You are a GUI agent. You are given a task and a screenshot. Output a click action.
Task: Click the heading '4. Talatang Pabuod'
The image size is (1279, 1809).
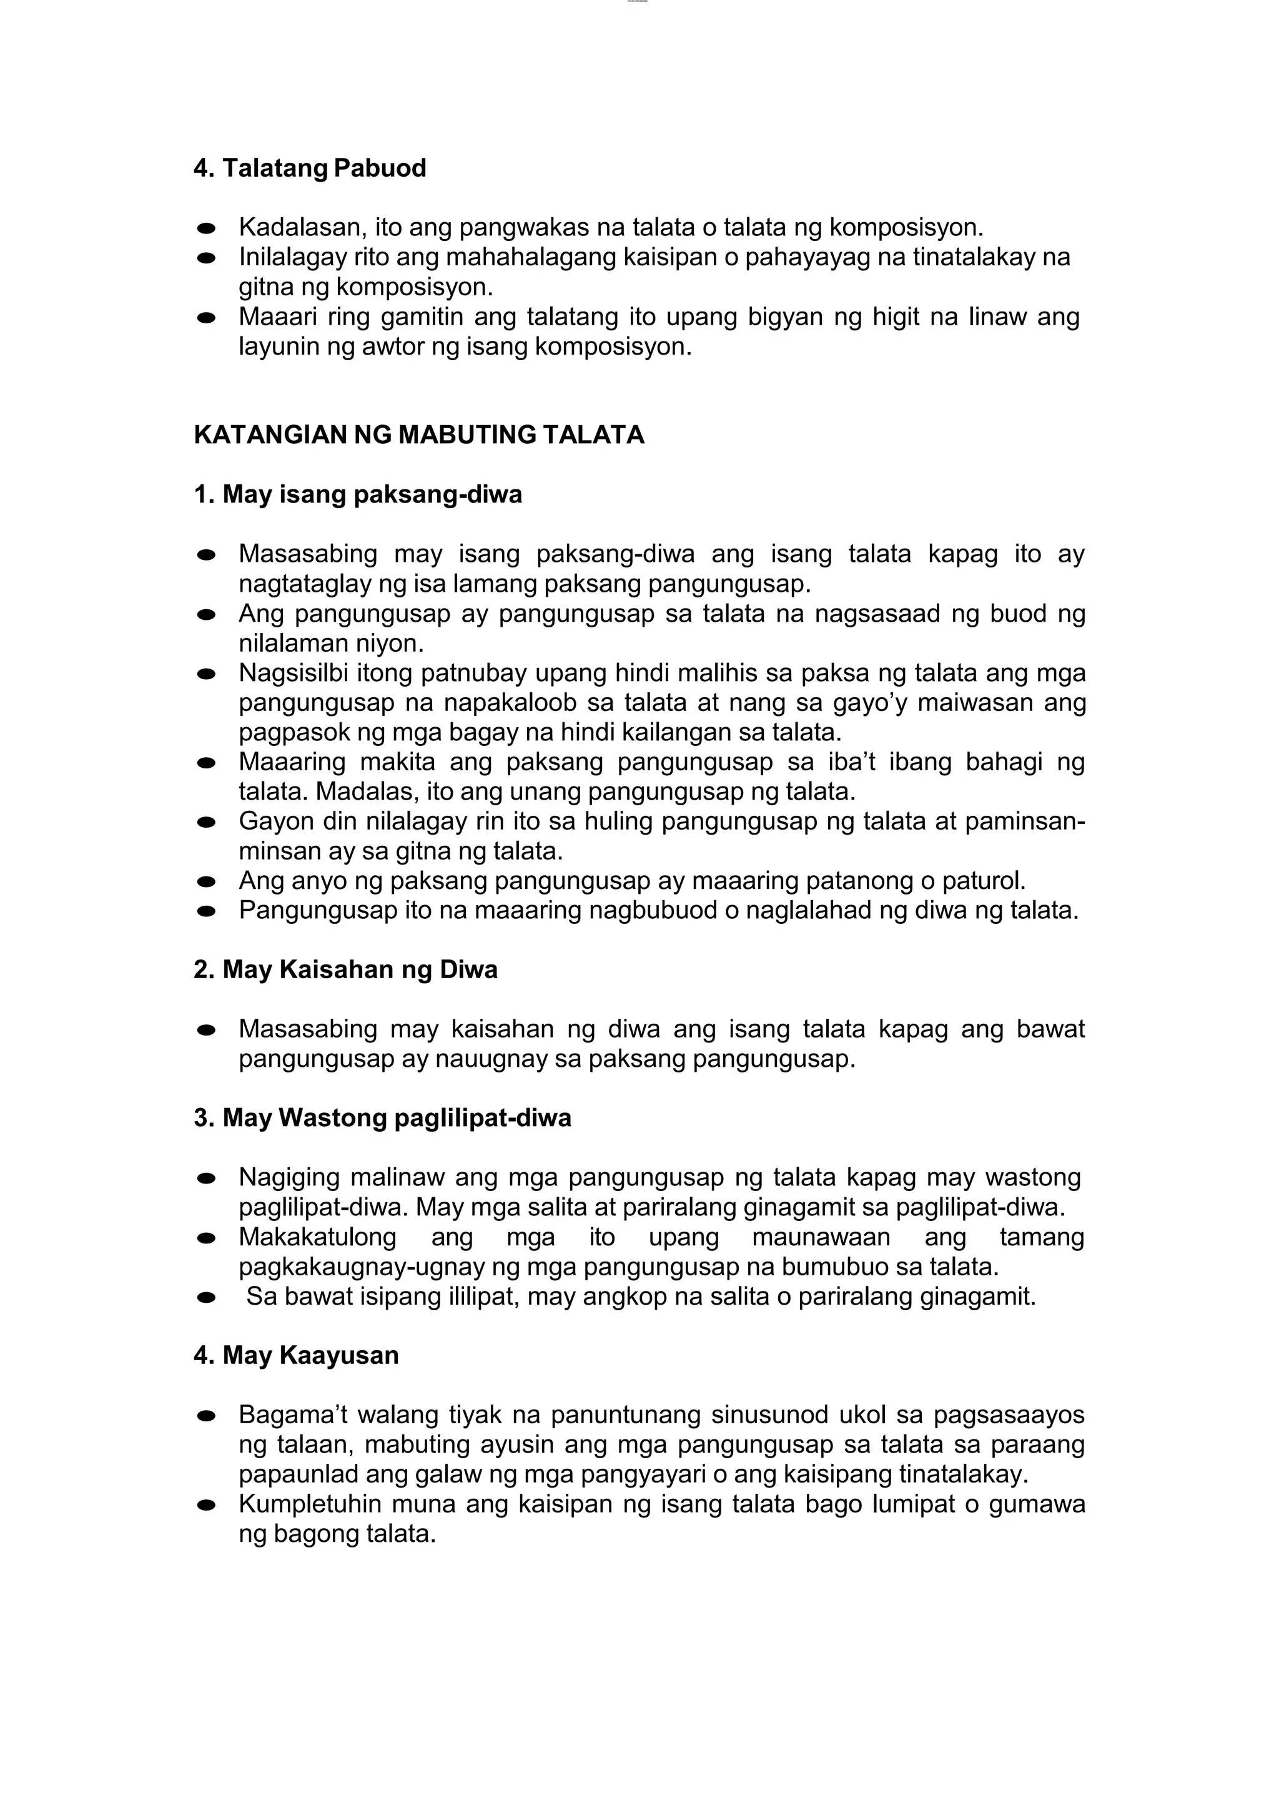point(310,168)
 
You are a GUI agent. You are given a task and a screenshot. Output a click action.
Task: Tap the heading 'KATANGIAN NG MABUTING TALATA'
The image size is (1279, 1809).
point(418,435)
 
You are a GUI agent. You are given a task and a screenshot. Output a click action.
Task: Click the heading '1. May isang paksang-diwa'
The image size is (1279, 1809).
point(358,495)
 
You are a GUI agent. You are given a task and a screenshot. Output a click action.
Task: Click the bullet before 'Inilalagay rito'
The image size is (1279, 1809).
point(207,258)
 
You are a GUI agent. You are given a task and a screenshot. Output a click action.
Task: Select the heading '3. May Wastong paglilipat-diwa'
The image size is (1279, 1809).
point(382,1118)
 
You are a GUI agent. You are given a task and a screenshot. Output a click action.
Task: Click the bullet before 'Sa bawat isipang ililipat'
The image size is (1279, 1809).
point(207,1298)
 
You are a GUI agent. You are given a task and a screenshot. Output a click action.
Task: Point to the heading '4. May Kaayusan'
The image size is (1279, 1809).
point(296,1356)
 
